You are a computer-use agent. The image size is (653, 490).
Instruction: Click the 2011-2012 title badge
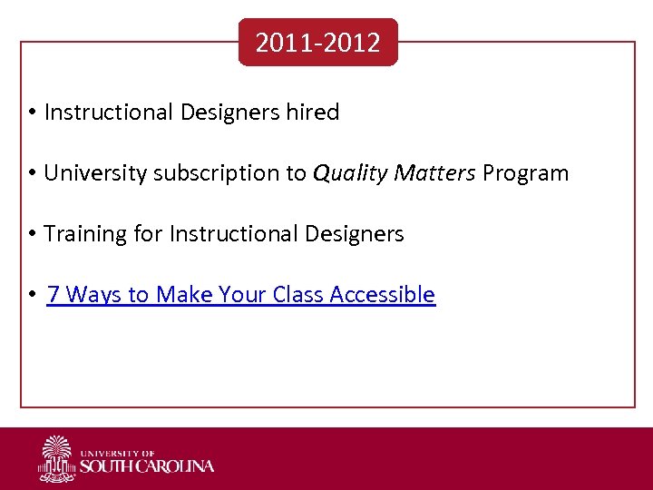pyautogui.click(x=317, y=43)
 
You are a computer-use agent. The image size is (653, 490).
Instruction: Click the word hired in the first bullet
pyautogui.click(x=312, y=113)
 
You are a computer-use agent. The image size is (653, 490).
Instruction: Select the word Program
pyautogui.click(x=526, y=173)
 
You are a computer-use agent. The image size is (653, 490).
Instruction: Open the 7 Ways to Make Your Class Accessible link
pyautogui.click(x=240, y=295)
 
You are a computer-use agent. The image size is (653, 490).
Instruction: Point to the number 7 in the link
pyautogui.click(x=54, y=295)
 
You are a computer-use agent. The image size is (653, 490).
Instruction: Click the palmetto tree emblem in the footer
pyautogui.click(x=57, y=458)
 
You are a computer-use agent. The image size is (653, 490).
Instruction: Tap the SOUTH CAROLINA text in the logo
pyautogui.click(x=147, y=466)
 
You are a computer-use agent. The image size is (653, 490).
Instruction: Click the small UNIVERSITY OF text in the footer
pyautogui.click(x=118, y=452)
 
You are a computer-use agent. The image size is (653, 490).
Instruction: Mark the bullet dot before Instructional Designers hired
pyautogui.click(x=31, y=113)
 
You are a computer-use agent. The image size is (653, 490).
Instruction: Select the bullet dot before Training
pyautogui.click(x=31, y=234)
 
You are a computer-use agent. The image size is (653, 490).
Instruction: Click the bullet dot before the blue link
pyautogui.click(x=31, y=295)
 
